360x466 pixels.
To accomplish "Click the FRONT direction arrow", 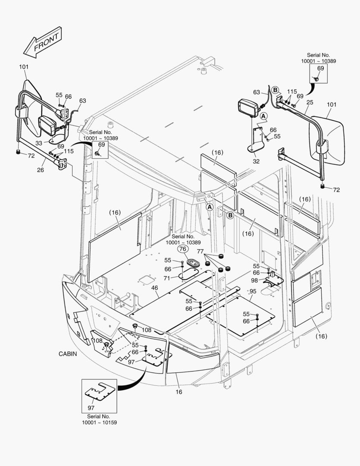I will [42, 43].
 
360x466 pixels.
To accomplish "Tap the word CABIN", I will [68, 354].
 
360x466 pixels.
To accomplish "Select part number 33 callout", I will [39, 143].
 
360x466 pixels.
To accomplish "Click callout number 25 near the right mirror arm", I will [310, 103].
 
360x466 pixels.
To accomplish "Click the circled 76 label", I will [183, 249].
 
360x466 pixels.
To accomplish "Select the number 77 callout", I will [200, 251].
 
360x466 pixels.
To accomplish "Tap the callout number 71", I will [167, 278].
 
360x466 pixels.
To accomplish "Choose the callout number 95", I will [253, 291].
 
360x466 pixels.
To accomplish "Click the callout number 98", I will [254, 280].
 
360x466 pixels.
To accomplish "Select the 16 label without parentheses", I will [179, 392].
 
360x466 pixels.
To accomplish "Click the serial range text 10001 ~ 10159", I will [99, 422].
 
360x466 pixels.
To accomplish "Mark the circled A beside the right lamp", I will [263, 116].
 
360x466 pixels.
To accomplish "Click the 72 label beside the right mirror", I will [336, 190].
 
